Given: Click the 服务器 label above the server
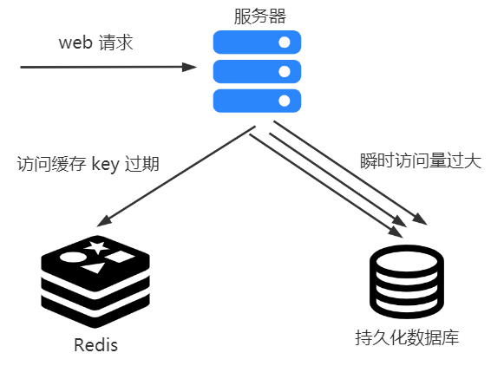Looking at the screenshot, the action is [259, 16].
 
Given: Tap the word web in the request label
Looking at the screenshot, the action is [75, 42].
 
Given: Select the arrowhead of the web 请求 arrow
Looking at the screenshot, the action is [189, 67].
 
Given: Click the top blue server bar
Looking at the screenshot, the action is [257, 42].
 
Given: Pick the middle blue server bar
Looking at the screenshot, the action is [257, 71].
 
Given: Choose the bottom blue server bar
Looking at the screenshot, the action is [257, 101].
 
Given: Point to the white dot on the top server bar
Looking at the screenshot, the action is [285, 42].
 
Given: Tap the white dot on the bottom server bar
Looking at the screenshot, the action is [285, 101].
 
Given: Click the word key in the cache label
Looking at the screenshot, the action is [106, 164].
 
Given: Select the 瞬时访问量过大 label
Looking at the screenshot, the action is [421, 161].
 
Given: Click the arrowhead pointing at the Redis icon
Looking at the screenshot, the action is [103, 221].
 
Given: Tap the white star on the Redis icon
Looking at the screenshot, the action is [97, 247].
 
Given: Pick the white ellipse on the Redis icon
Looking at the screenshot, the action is [73, 258].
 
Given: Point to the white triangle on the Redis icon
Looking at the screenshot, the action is [94, 268].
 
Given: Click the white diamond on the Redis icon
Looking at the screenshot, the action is [120, 257].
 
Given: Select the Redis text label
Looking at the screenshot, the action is [95, 345].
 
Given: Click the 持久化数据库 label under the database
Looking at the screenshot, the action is [407, 337].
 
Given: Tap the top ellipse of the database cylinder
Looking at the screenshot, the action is [407, 261].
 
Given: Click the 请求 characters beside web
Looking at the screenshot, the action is [115, 42].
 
